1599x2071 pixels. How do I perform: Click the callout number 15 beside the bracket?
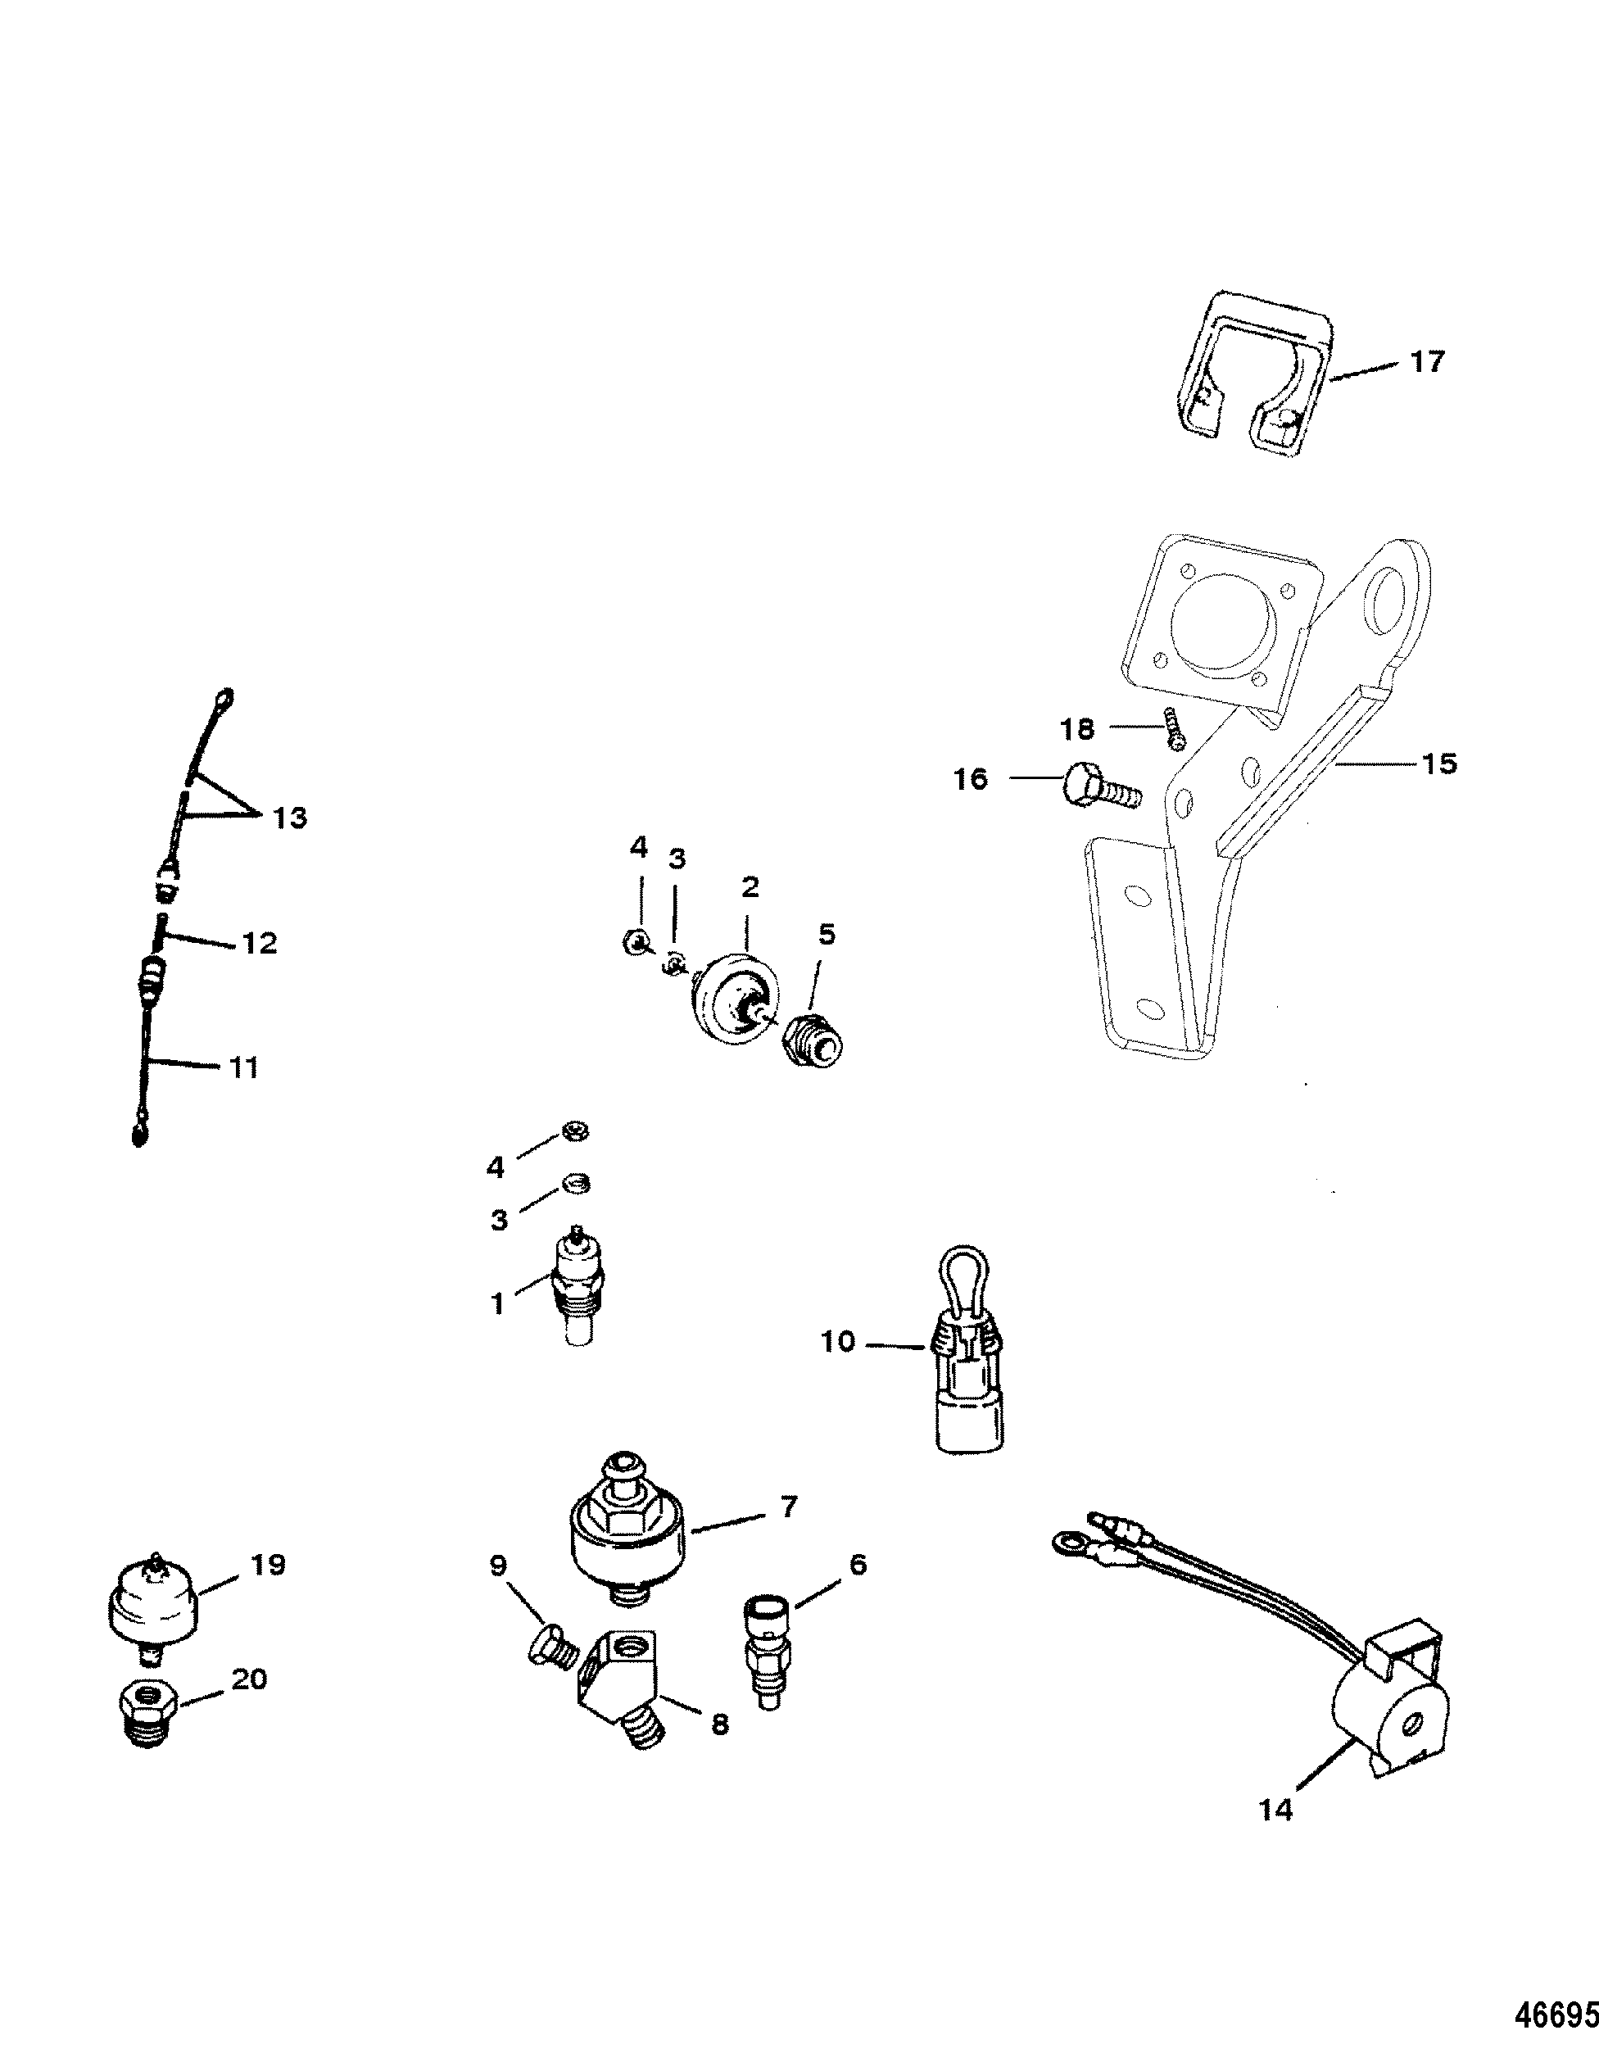tap(1438, 764)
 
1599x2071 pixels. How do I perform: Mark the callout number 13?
tap(290, 818)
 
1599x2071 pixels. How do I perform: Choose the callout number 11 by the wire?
tap(245, 1067)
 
